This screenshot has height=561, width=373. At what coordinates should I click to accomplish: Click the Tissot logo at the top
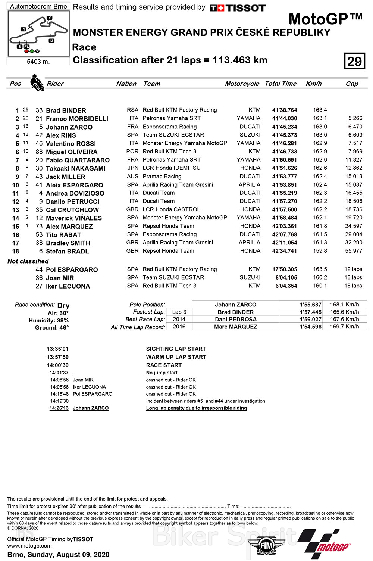238,8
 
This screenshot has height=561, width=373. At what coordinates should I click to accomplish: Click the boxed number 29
354,61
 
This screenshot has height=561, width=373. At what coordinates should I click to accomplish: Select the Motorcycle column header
242,84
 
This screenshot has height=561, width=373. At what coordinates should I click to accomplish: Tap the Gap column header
352,84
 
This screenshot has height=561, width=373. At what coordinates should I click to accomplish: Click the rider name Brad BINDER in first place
66,110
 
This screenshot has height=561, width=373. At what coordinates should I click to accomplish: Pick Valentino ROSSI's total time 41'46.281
285,143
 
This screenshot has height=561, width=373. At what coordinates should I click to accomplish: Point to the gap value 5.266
355,118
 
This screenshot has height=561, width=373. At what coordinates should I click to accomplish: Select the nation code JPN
133,168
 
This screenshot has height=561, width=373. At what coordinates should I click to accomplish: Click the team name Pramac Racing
162,176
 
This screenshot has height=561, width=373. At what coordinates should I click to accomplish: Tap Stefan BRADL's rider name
67,251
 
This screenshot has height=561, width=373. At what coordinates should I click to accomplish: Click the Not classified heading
28,261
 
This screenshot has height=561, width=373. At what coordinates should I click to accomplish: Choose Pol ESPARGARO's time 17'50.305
285,269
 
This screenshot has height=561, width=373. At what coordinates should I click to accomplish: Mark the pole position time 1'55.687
310,305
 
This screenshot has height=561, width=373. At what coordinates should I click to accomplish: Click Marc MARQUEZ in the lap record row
235,327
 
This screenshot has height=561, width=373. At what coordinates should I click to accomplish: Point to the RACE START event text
164,365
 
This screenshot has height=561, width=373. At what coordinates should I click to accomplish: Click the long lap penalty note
196,408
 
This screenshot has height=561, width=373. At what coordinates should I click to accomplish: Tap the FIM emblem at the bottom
266,545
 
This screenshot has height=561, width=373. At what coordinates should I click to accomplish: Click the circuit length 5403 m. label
38,62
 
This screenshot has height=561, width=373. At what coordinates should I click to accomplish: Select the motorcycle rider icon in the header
37,82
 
